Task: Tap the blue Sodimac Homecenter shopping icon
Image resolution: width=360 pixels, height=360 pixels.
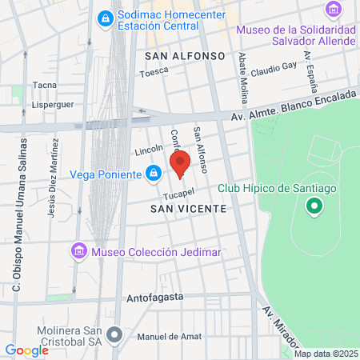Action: [x=104, y=18]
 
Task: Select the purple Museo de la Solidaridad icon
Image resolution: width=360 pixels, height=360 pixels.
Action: [x=333, y=9]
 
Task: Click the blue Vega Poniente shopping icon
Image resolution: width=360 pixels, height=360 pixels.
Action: [x=153, y=172]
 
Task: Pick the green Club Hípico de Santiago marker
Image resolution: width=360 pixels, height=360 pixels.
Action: [x=314, y=206]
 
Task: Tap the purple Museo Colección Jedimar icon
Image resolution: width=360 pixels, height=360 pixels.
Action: [x=78, y=252]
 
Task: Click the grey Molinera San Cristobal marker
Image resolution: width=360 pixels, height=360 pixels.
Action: [x=114, y=334]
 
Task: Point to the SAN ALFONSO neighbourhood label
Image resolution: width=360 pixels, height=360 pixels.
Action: [x=186, y=56]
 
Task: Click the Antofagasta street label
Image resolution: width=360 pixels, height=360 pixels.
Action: [x=155, y=297]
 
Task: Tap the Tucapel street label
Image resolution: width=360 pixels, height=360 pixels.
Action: [x=180, y=194]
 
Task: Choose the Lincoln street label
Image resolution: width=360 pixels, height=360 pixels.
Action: [x=149, y=150]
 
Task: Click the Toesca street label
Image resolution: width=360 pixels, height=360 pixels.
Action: [x=154, y=71]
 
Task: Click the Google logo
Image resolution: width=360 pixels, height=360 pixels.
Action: [x=26, y=350]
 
